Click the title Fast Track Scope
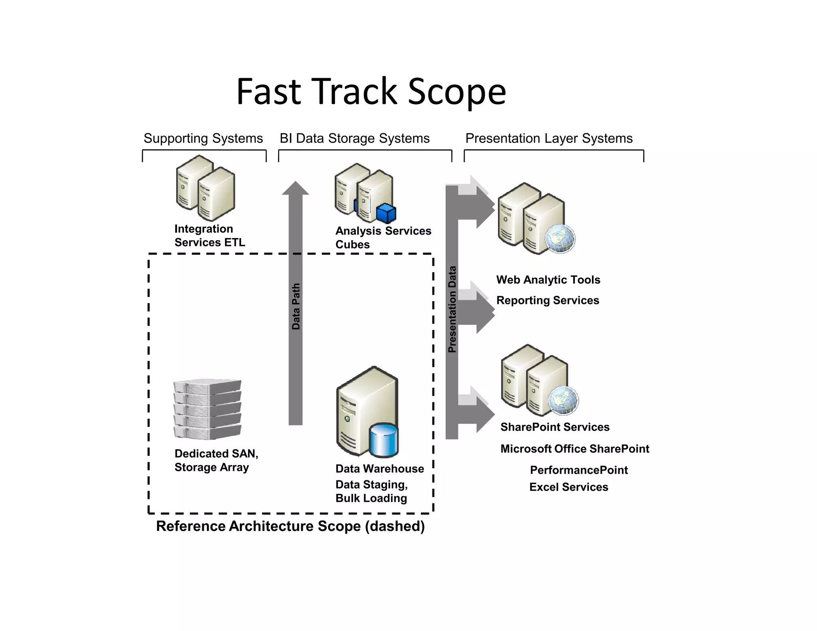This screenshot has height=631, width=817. (x=371, y=92)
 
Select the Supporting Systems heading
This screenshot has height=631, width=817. (x=203, y=138)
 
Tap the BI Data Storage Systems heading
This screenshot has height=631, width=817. (x=354, y=138)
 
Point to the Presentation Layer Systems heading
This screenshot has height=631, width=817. (x=549, y=138)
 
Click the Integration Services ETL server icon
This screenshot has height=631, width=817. (x=205, y=188)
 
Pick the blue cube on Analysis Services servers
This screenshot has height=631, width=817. (x=386, y=213)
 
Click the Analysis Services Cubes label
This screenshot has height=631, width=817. (x=383, y=237)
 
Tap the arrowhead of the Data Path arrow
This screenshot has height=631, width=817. (x=296, y=189)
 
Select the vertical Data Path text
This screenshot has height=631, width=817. (x=296, y=306)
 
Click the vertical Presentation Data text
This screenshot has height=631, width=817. (x=452, y=309)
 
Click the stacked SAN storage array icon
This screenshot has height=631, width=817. (x=207, y=409)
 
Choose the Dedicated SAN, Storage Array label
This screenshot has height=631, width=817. (x=216, y=460)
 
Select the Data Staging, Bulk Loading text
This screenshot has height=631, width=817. (x=371, y=491)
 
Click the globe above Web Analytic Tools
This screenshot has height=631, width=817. (x=560, y=239)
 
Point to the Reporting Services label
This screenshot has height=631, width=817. (x=547, y=300)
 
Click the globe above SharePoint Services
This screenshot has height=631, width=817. (x=563, y=400)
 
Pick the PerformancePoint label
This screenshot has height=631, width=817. (x=578, y=470)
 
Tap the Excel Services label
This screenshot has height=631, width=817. (x=568, y=487)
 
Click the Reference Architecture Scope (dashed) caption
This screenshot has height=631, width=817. (x=290, y=526)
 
